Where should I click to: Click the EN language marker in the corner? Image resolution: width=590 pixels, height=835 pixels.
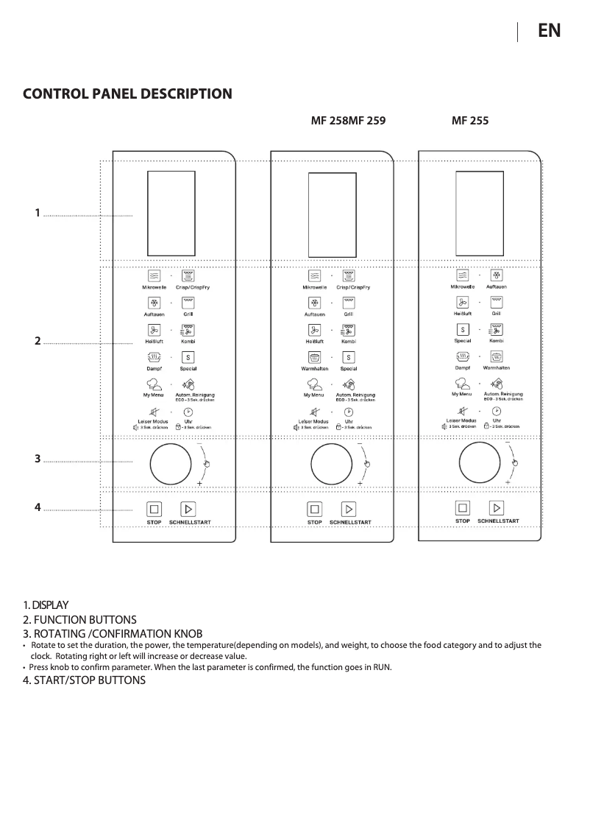549,30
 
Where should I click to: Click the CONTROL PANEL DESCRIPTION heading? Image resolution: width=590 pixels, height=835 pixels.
128,94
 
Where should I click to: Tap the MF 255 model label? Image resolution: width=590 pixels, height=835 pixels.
470,120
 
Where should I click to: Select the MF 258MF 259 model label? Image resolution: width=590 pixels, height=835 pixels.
349,120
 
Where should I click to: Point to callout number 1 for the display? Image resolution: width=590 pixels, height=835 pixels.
37,213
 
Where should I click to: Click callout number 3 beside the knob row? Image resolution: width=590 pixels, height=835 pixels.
37,459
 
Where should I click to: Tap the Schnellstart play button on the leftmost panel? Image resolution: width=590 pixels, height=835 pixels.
188,509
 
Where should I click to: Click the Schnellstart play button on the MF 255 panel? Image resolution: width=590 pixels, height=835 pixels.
498,507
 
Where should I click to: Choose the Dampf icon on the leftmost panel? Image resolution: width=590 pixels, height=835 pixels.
154,357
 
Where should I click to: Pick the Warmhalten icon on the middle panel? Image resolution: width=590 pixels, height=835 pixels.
315,357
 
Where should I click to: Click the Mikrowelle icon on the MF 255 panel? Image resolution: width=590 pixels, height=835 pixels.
463,275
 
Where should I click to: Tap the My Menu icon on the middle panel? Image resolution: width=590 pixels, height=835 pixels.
315,384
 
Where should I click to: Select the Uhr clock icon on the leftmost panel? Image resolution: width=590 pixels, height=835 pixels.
188,412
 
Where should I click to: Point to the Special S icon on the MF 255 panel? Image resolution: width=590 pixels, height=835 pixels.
463,329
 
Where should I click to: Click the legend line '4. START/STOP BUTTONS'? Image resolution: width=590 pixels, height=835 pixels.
85,680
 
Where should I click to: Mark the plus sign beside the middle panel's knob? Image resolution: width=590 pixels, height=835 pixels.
360,482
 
